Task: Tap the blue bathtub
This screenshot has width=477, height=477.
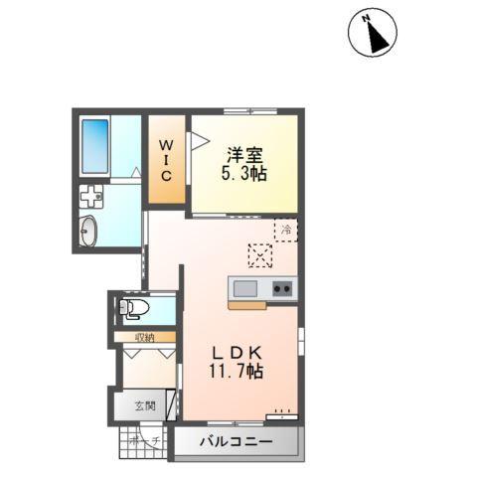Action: tap(95, 145)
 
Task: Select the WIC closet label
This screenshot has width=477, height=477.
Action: tap(167, 160)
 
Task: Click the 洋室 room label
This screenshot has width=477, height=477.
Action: tap(243, 154)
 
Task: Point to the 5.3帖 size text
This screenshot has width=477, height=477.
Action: tap(243, 173)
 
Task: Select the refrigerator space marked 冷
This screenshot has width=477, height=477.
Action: tap(285, 231)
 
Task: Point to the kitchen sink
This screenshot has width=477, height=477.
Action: tap(245, 288)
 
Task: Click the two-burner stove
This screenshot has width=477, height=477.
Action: tap(280, 288)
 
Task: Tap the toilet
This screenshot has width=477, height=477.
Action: tap(135, 308)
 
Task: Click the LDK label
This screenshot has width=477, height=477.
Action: tap(235, 353)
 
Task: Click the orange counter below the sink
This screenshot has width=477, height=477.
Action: tap(246, 304)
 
